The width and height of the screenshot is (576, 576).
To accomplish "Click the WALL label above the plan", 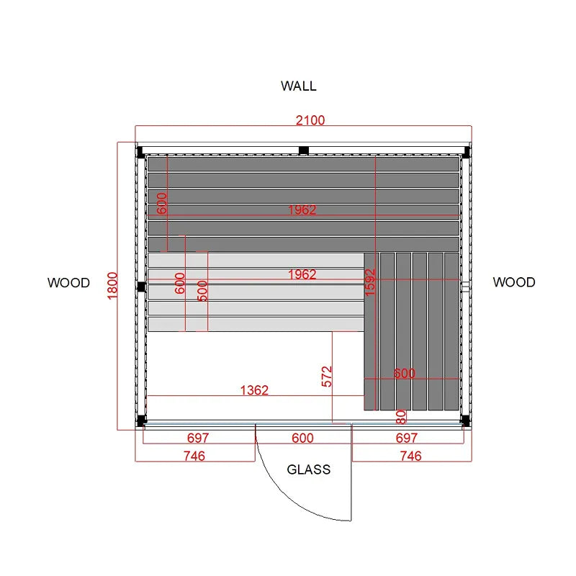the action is click(298, 86).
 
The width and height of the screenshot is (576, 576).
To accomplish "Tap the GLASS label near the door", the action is click(309, 469).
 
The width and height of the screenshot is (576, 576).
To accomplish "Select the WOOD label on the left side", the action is click(68, 283).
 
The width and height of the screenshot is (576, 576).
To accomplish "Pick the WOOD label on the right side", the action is click(514, 282).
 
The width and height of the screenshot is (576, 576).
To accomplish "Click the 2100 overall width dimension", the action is click(310, 120).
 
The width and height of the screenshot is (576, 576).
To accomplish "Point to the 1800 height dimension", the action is click(112, 286).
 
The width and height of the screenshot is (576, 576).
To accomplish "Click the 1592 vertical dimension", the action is click(370, 282).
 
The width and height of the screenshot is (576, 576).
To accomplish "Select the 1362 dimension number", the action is click(254, 390).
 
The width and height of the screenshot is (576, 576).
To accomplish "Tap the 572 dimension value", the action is click(327, 377).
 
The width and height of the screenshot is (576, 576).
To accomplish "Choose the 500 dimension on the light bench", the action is click(202, 291).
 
